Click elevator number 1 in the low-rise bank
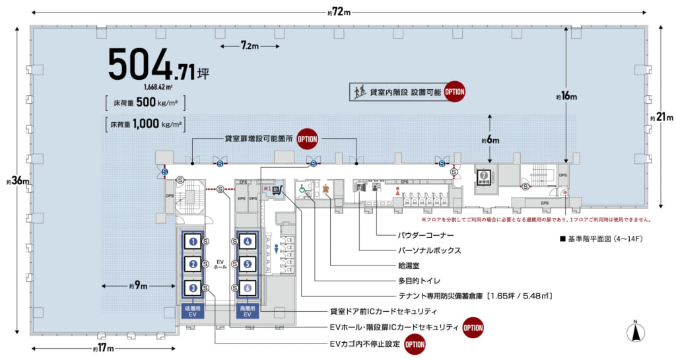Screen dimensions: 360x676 (193, 242)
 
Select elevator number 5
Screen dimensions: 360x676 (247, 265)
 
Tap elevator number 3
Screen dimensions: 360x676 (193, 288)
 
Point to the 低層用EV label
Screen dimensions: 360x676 (193, 312)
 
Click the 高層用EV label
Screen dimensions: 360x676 (247, 312)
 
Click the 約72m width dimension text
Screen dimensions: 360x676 (339, 13)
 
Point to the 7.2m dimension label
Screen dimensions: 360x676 (250, 46)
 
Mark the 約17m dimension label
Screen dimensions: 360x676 (102, 348)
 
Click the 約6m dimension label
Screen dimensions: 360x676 (490, 141)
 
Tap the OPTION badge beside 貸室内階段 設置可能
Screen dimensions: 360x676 (454, 92)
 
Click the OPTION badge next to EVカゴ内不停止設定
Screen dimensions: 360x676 (415, 344)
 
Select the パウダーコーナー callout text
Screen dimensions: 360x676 (425, 234)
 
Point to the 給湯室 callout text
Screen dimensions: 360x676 (410, 266)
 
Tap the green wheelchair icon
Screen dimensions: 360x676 (303, 189)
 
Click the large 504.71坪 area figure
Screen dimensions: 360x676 (158, 67)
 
